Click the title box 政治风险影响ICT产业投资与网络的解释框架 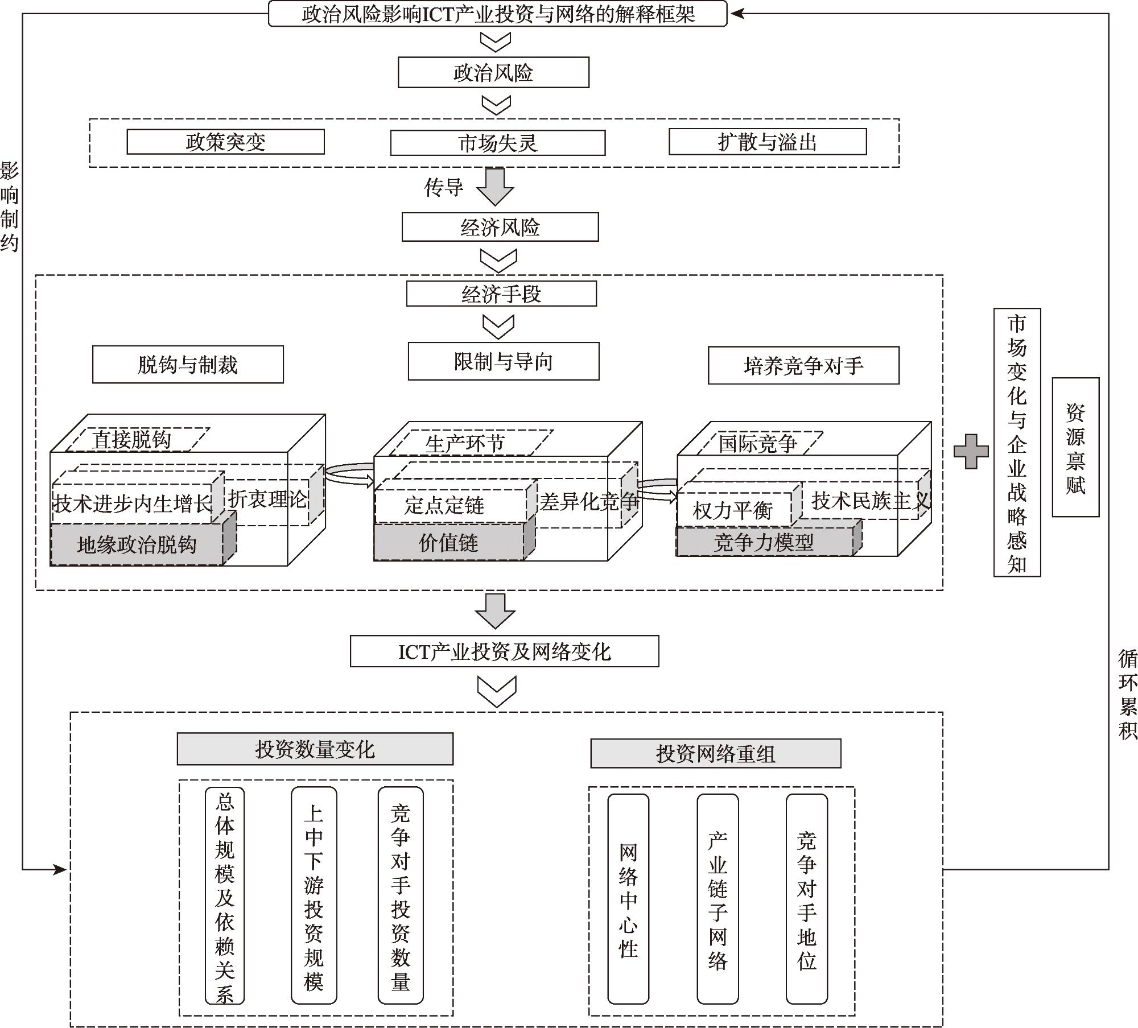click(x=497, y=14)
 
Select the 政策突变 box click(x=225, y=142)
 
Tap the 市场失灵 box click(x=497, y=143)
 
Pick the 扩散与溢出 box click(x=767, y=142)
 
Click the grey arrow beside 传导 click(x=494, y=187)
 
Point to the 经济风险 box click(x=500, y=227)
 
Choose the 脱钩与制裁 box click(x=188, y=365)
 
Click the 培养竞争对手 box click(x=803, y=365)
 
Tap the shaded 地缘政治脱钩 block click(x=137, y=545)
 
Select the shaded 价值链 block click(x=448, y=543)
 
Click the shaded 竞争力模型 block click(x=764, y=542)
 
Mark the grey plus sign click(x=971, y=451)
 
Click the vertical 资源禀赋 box click(x=1075, y=447)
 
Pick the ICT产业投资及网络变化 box click(x=504, y=651)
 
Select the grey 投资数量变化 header click(x=315, y=749)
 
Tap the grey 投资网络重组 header click(x=715, y=753)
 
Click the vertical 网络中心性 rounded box click(x=628, y=898)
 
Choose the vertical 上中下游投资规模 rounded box click(x=314, y=895)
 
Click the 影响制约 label click(x=9, y=207)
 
